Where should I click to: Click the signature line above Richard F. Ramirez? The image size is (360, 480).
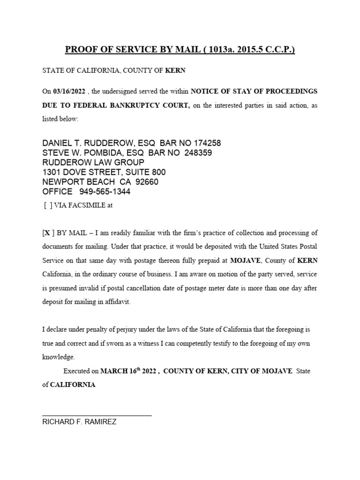(x=97, y=415)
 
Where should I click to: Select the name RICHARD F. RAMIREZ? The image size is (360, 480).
(x=79, y=422)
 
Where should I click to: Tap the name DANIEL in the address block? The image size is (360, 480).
(x=58, y=143)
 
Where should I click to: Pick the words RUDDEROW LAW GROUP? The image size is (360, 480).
(x=93, y=163)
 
